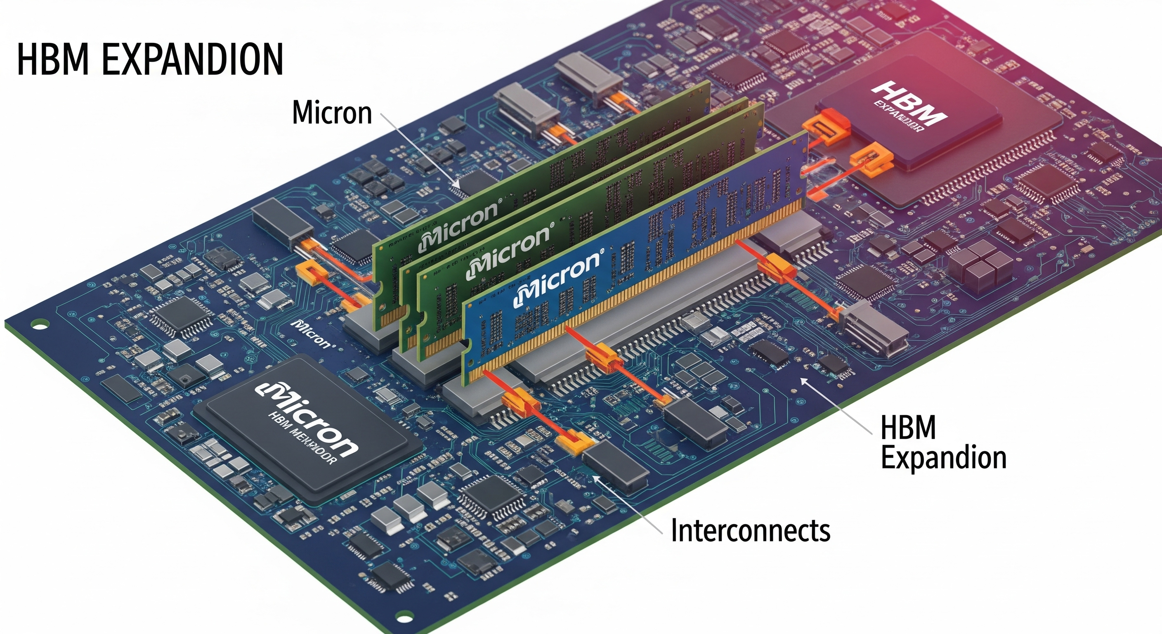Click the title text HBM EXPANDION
(x=150, y=59)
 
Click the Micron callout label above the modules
(x=332, y=112)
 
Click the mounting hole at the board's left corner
(x=39, y=324)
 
